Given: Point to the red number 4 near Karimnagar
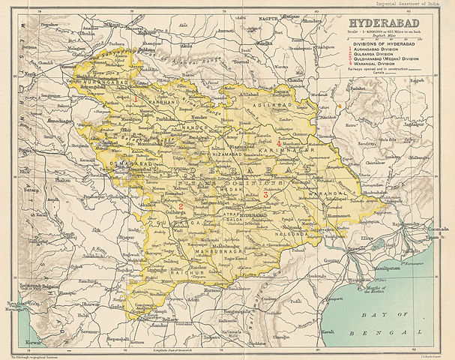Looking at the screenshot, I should point(280,142).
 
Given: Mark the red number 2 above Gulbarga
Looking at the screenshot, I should point(181,205).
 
